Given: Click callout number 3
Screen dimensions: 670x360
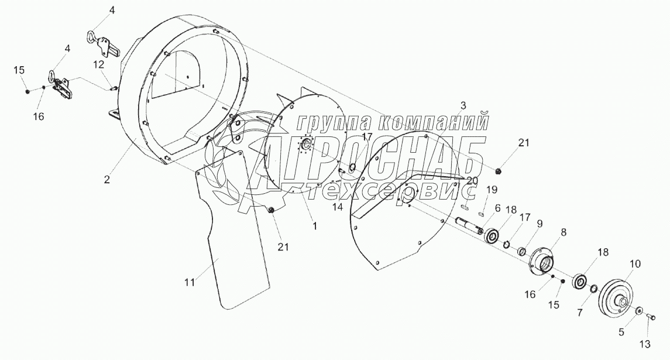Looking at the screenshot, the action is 463,106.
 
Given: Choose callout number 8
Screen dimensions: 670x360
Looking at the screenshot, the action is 564,232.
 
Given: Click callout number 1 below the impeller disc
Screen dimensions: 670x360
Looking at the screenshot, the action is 314,225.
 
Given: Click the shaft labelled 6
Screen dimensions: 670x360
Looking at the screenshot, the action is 468,226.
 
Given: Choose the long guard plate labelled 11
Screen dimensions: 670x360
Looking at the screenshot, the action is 234,234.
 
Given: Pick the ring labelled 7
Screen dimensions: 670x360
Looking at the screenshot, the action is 593,289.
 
